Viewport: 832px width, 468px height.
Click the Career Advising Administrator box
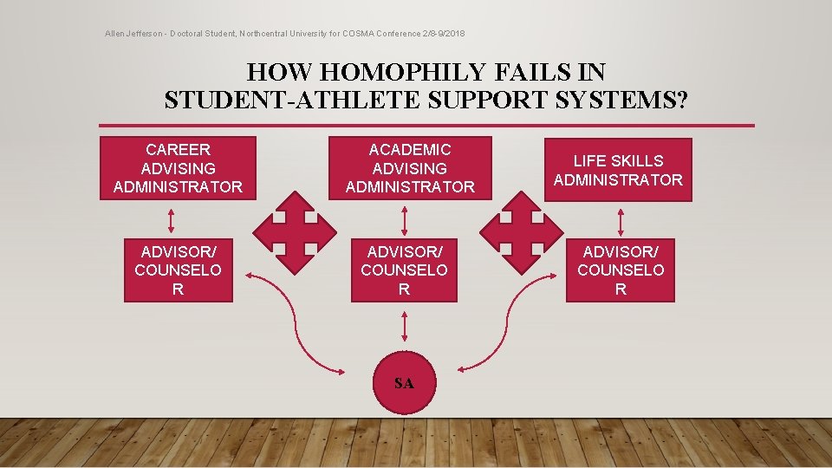tap(178, 168)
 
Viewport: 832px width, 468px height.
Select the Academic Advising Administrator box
tap(410, 168)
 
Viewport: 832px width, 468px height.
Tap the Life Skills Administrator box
tap(618, 170)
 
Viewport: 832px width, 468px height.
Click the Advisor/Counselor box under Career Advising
tap(178, 270)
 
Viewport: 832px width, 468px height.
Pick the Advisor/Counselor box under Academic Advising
tap(404, 270)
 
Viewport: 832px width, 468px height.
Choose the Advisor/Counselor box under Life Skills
tap(621, 270)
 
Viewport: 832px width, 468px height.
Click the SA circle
tap(404, 382)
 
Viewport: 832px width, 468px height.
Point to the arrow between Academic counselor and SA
tap(404, 327)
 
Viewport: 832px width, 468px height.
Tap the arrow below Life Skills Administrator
tap(621, 221)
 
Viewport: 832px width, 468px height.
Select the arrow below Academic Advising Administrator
tap(405, 219)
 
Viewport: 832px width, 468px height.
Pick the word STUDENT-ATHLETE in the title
tap(269, 100)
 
